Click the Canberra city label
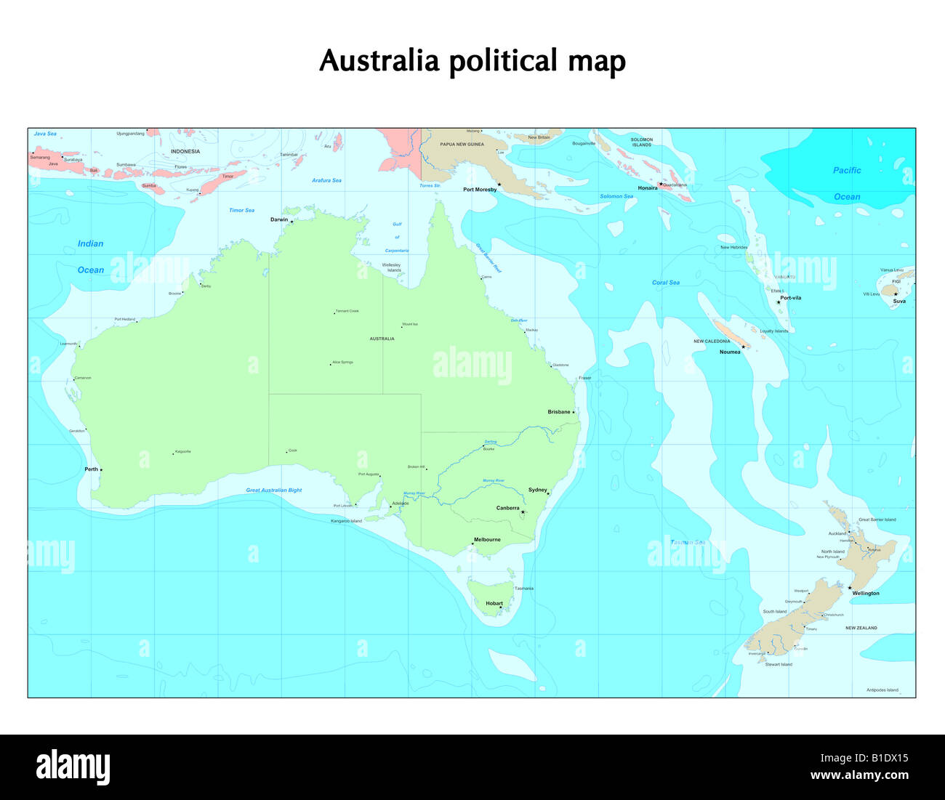click(x=507, y=508)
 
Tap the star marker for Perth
click(x=101, y=469)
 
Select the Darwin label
click(x=279, y=219)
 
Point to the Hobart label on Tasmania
click(x=494, y=603)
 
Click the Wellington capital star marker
click(x=849, y=588)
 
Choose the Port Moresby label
click(x=480, y=190)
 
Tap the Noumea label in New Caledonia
click(x=730, y=352)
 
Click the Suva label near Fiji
click(x=899, y=301)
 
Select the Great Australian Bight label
click(x=274, y=490)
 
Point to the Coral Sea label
click(x=666, y=283)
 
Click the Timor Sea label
click(x=242, y=211)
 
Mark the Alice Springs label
click(x=342, y=362)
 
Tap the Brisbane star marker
click(x=573, y=413)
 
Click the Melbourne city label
click(x=487, y=540)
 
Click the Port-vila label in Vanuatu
click(x=790, y=298)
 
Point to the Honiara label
click(x=647, y=188)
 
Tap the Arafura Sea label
click(x=326, y=180)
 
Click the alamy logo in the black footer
click(x=73, y=767)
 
